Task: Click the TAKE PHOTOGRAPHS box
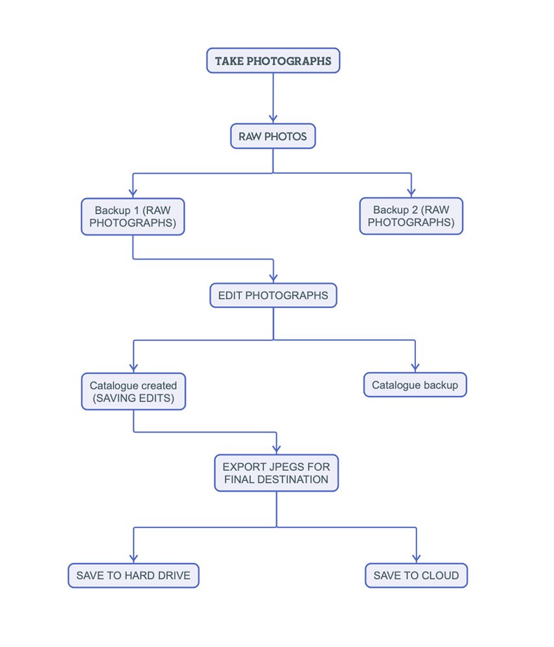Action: tap(273, 61)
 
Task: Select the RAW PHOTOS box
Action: tap(273, 136)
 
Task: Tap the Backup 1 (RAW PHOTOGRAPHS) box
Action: tap(133, 217)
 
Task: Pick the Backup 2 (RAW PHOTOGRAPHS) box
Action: tap(411, 216)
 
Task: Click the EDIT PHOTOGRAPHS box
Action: tap(273, 296)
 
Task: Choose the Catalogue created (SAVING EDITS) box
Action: tap(133, 391)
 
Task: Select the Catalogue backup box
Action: tap(415, 385)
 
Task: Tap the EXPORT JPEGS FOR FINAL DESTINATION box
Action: tap(277, 473)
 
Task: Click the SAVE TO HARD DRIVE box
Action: tap(133, 576)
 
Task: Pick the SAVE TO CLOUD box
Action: tap(417, 576)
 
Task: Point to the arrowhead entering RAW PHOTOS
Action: tap(273, 119)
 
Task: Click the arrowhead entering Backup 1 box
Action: tap(133, 193)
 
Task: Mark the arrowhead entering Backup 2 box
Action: tap(411, 193)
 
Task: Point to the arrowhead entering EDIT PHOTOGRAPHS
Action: tap(273, 278)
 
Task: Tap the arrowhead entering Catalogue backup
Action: tap(415, 367)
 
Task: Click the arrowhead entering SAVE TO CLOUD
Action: tap(417, 558)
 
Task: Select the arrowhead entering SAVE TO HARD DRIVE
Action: tap(133, 558)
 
